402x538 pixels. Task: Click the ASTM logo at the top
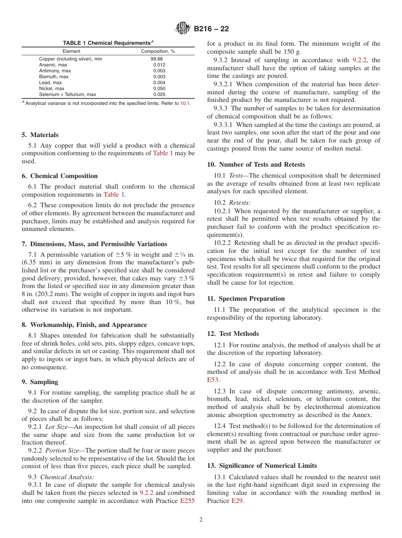[183, 29]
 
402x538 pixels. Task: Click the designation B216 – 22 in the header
[211, 29]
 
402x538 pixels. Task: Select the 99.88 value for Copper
[157, 59]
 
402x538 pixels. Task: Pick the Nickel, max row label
[52, 88]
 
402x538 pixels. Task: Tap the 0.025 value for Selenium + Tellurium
[160, 94]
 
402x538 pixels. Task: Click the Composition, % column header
[158, 51]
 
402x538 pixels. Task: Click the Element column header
[71, 51]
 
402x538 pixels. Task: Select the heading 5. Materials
[40, 135]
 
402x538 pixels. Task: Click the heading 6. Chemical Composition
[60, 176]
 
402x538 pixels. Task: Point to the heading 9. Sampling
[40, 382]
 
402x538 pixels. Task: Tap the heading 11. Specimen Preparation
[246, 299]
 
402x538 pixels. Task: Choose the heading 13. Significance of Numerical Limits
[262, 466]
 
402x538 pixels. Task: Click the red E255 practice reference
[187, 501]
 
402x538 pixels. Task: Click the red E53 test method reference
[213, 380]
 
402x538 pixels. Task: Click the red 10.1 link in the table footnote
[185, 103]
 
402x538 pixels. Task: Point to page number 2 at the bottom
[201, 520]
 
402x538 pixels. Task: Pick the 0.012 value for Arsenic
[160, 65]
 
